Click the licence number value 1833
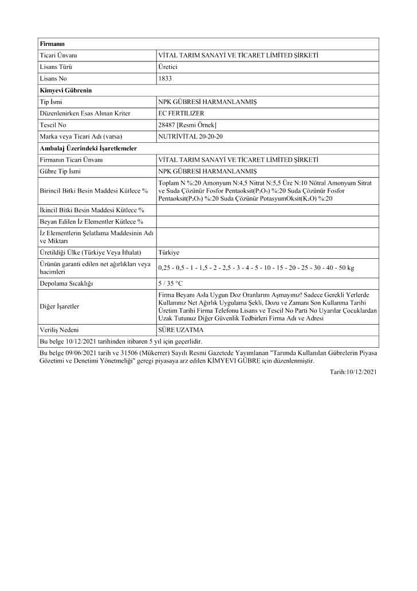tap(164, 79)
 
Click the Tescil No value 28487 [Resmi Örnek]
tap(187, 125)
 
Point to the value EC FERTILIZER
tap(180, 114)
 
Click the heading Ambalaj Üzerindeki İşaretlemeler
tap(88, 149)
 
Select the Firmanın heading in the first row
tap(53, 44)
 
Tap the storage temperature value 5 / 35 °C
tap(171, 283)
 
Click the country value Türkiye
tap(169, 252)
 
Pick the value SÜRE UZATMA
tap(180, 330)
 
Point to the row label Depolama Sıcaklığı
tap(66, 283)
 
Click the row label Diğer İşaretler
tap(60, 306)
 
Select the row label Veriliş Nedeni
tap(59, 330)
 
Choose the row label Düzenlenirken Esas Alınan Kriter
tap(85, 114)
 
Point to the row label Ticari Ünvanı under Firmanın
tap(58, 56)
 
